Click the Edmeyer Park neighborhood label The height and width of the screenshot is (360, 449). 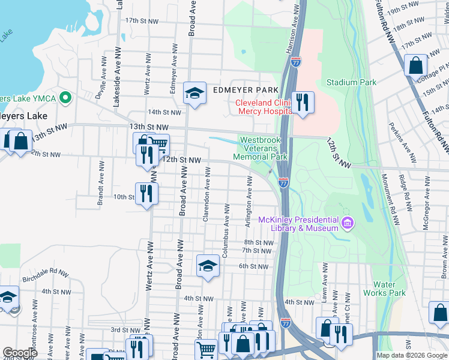click(245, 91)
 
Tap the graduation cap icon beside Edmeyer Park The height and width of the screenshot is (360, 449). click(194, 93)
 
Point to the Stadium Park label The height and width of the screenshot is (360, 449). click(351, 82)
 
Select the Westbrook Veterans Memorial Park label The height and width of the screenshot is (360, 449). click(263, 148)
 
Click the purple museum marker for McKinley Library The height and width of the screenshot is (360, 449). click(346, 224)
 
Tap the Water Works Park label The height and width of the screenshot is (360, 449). click(384, 289)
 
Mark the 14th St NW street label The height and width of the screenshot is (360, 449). click(164, 112)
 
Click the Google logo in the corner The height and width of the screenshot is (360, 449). click(20, 353)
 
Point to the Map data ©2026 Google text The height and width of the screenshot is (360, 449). click(411, 355)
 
